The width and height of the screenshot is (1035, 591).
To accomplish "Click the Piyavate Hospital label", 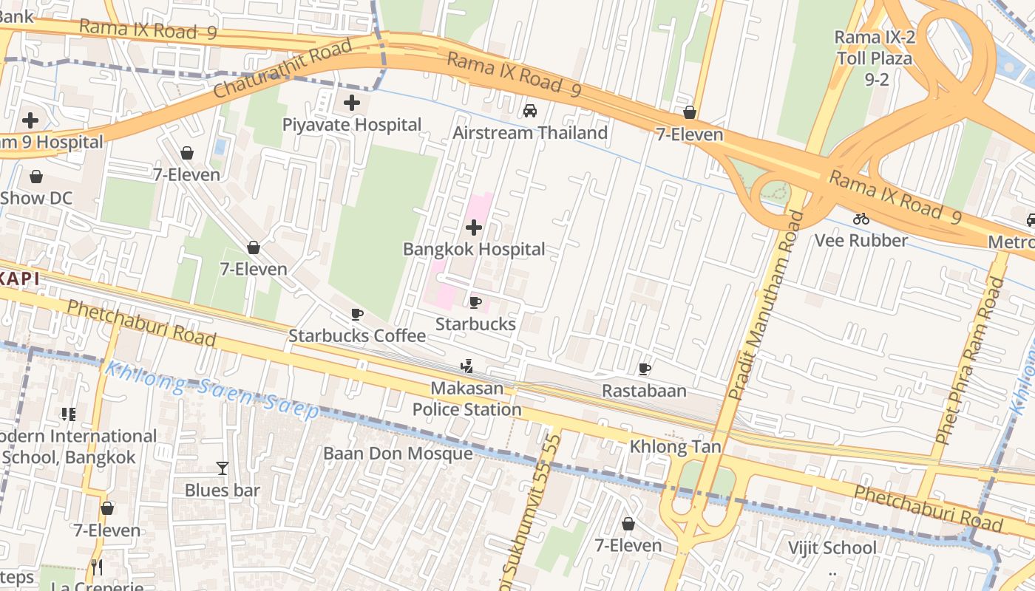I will [x=352, y=125].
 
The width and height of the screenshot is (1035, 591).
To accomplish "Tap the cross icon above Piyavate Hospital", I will [x=352, y=103].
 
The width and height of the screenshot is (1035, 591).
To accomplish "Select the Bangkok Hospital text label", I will [x=474, y=250].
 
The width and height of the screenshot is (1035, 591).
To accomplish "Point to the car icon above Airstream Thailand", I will [x=530, y=111].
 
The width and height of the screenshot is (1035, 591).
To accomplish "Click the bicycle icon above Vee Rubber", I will [x=861, y=219].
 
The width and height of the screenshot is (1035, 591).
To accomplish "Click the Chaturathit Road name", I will [x=282, y=70].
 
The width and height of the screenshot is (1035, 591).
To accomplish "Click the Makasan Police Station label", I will [x=466, y=399].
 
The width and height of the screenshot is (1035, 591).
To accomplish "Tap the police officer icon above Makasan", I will [x=466, y=366].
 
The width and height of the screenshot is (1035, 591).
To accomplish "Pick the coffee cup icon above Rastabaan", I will [x=645, y=369].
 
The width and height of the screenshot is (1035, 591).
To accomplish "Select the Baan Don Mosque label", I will [x=398, y=454].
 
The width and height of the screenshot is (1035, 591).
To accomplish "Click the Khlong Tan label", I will [x=675, y=447].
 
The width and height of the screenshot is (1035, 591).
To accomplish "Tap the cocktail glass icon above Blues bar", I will [x=222, y=468].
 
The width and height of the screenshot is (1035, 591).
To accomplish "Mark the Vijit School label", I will [x=832, y=548].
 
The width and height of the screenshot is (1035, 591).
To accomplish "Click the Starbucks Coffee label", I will [x=357, y=336].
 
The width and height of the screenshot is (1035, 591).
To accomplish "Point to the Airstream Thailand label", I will [x=530, y=133].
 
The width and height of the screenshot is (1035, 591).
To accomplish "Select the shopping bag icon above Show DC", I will [x=35, y=177].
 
